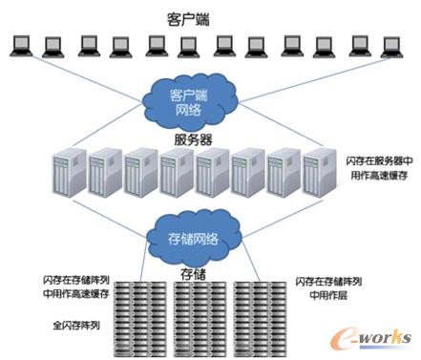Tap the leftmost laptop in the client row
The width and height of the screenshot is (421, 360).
19,44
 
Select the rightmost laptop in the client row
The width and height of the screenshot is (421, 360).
389,44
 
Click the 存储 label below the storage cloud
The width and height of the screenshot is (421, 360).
193,275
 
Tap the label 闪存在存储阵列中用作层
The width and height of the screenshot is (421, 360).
328,288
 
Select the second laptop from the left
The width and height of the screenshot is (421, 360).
53,44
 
